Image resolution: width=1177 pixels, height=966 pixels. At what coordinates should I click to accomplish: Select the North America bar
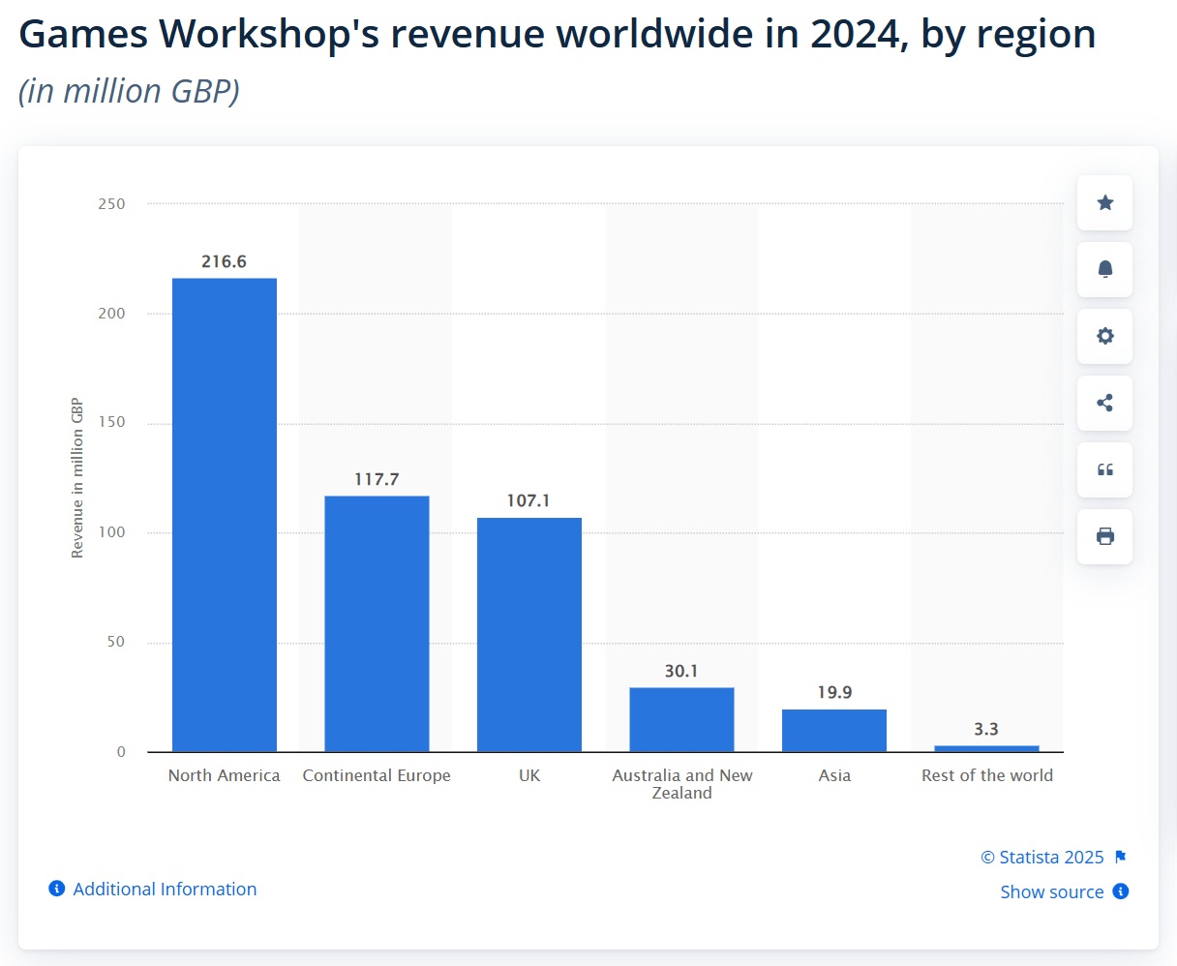click(225, 515)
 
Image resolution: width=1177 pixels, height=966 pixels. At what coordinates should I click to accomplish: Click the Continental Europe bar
click(377, 623)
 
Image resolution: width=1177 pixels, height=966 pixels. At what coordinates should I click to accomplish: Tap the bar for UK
click(529, 634)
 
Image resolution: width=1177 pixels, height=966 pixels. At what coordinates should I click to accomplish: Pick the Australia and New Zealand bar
click(681, 719)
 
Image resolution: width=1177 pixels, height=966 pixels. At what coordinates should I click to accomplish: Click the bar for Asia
click(834, 731)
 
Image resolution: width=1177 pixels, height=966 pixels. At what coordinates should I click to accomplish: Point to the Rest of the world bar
click(986, 748)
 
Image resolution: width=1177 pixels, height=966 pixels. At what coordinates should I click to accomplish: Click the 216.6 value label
click(224, 261)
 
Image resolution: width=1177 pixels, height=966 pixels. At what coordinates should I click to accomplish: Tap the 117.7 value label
click(377, 479)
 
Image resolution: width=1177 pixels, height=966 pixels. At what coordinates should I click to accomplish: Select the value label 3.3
click(986, 729)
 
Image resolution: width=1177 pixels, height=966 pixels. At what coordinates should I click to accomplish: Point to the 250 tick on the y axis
click(112, 204)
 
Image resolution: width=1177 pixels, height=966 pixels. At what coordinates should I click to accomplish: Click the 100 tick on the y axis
click(112, 532)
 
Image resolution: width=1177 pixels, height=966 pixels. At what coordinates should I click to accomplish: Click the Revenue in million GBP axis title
click(77, 478)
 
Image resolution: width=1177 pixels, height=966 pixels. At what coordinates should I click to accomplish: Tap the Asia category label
click(834, 775)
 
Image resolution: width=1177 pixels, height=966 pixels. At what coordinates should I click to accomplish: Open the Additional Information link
click(165, 889)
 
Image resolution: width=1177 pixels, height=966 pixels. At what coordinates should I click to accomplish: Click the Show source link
click(1052, 891)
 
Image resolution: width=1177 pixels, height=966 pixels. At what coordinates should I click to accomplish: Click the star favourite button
click(1104, 202)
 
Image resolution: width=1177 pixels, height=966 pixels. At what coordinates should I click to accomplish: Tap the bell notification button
click(1104, 269)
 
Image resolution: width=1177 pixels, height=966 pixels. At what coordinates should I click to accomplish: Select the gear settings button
click(1104, 336)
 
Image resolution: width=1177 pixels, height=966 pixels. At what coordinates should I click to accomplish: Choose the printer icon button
click(1104, 536)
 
